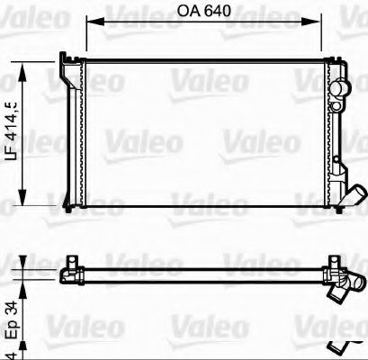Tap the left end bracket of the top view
pos(67,271)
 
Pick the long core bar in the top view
pos(198,271)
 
